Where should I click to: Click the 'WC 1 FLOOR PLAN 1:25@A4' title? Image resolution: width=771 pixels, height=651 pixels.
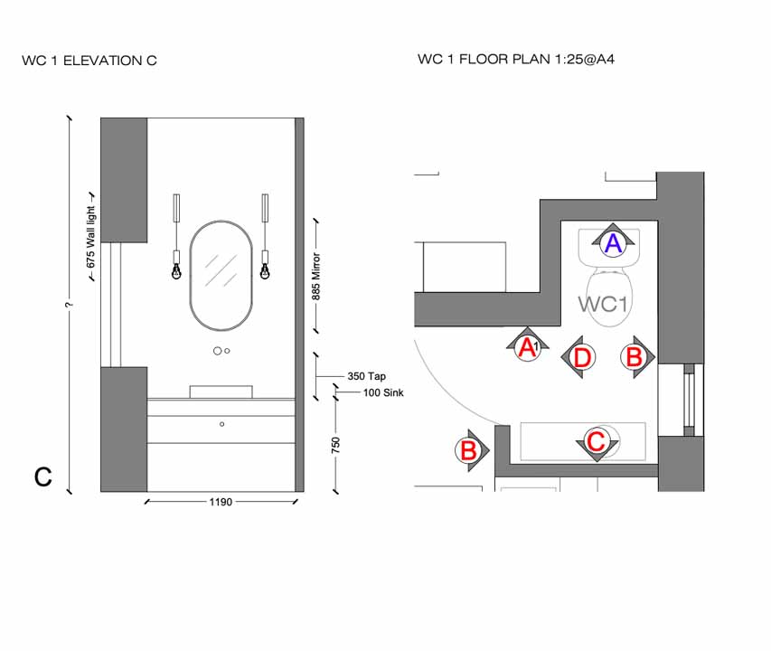pyautogui.click(x=517, y=60)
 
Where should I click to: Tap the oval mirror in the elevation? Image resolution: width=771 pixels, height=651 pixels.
pyautogui.click(x=221, y=276)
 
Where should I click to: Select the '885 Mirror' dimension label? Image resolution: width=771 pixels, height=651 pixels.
pyautogui.click(x=316, y=282)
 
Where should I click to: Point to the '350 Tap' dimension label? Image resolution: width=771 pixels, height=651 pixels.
pyautogui.click(x=366, y=375)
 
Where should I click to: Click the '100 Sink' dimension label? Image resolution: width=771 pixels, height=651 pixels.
pyautogui.click(x=383, y=393)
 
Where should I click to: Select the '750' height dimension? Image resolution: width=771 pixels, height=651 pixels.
pyautogui.click(x=335, y=445)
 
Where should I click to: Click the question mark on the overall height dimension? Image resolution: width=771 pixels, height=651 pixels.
pyautogui.click(x=69, y=305)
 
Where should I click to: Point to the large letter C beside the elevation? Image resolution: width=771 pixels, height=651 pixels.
pyautogui.click(x=42, y=476)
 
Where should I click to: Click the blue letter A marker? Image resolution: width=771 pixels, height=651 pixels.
pyautogui.click(x=613, y=242)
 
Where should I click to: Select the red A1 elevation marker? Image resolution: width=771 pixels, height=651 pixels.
pyautogui.click(x=527, y=346)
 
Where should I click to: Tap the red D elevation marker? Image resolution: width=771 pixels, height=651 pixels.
pyautogui.click(x=582, y=358)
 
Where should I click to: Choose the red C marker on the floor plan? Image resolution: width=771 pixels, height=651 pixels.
pyautogui.click(x=597, y=442)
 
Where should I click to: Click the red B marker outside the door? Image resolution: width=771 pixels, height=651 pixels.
pyautogui.click(x=469, y=449)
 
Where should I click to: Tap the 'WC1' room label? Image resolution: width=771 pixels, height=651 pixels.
pyautogui.click(x=603, y=304)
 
